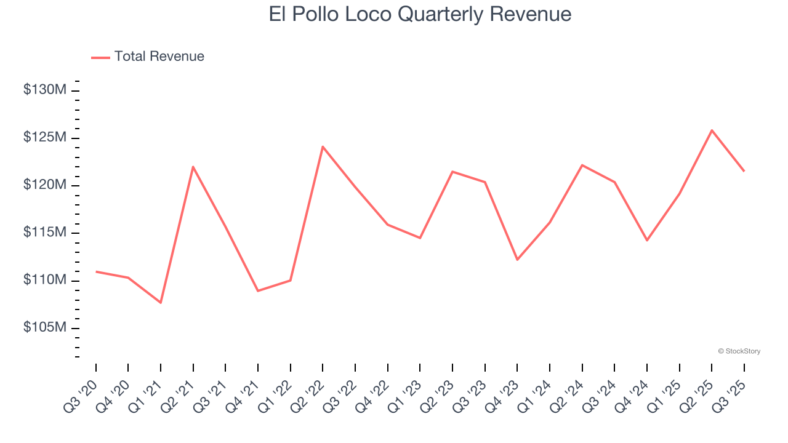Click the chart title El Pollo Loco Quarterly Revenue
[420, 14]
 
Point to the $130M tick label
[44, 90]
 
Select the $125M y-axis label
[44, 137]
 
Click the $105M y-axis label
[44, 327]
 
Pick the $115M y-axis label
[44, 233]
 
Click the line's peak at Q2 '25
[712, 130]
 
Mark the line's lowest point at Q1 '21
[161, 303]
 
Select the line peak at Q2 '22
[323, 146]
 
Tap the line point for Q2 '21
[193, 167]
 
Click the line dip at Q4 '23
[517, 260]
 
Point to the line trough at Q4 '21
[258, 290]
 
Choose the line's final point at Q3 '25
[744, 171]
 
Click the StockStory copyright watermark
[739, 351]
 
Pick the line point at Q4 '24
[647, 240]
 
